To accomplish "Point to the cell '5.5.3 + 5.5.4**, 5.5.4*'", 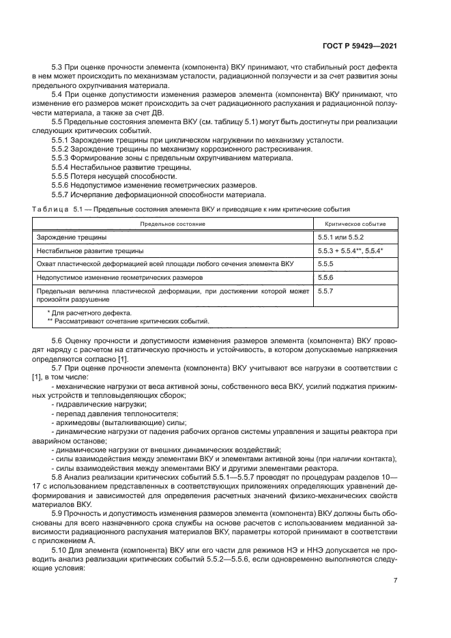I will pyautogui.click(x=350, y=250).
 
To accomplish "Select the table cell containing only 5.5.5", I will pyautogui.click(x=325, y=263).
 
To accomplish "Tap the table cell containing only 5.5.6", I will pyautogui.click(x=325, y=278).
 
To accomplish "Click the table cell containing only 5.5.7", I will pyautogui.click(x=325, y=291).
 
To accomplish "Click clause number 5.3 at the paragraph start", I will pyautogui.click(x=57, y=66).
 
